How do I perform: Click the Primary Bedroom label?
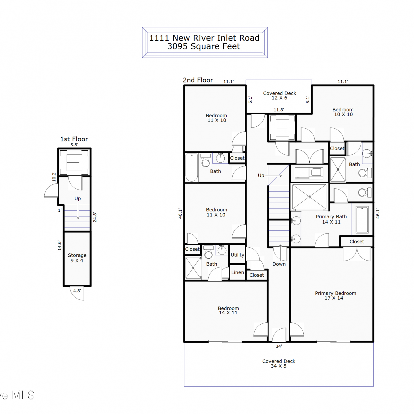click(x=335, y=295)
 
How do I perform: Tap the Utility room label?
click(x=237, y=255)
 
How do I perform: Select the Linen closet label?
click(x=238, y=272)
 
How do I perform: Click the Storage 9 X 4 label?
click(x=77, y=258)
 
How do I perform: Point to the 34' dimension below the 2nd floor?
click(x=279, y=346)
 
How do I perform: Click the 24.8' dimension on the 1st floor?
click(x=95, y=217)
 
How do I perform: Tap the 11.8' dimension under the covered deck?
click(x=279, y=110)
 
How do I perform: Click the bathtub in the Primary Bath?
click(x=362, y=220)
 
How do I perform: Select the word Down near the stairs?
click(x=279, y=264)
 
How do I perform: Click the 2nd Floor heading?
click(x=198, y=80)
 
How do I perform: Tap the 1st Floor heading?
click(x=74, y=139)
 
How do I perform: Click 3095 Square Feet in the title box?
click(x=204, y=46)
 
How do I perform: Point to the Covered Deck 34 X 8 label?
click(x=279, y=363)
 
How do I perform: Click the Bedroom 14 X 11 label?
click(x=228, y=310)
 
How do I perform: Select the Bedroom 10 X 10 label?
click(x=343, y=112)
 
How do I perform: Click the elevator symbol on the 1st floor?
click(x=75, y=162)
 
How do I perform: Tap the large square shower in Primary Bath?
click(x=309, y=197)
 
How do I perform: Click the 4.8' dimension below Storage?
click(x=77, y=291)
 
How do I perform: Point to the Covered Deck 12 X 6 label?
click(x=280, y=95)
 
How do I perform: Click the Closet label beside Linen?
click(x=257, y=275)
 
